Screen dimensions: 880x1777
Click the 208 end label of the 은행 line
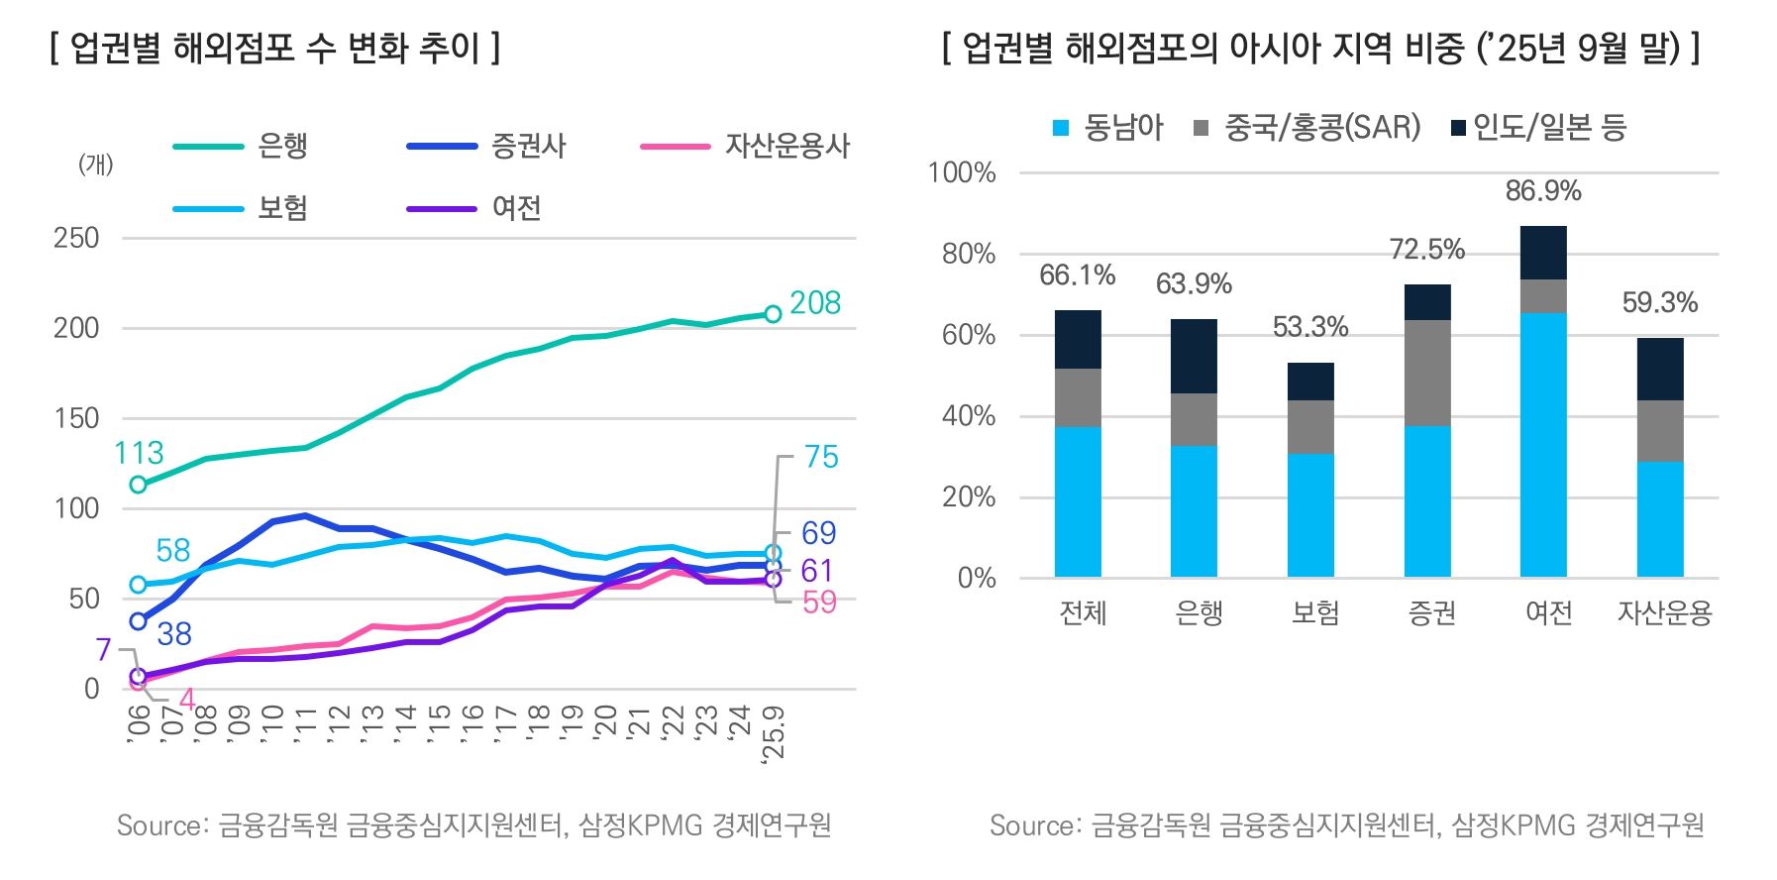tap(815, 303)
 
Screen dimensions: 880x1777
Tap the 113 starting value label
tap(139, 453)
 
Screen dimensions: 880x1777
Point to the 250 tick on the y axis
tap(76, 238)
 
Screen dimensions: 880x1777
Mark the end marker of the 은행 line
tap(773, 314)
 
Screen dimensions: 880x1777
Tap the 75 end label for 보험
tap(820, 457)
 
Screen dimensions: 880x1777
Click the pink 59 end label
tap(819, 603)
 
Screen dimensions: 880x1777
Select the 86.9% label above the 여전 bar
tap(1542, 191)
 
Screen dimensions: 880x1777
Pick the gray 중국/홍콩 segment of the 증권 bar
tap(1426, 373)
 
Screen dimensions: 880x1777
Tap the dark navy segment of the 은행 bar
tap(1194, 356)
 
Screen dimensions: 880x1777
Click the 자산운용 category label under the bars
tap(1664, 613)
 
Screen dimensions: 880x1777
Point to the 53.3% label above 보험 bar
tap(1309, 327)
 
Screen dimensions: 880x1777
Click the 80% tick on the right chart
tap(968, 255)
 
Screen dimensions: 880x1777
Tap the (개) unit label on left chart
tap(96, 164)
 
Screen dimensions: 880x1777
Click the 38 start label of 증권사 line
tap(174, 634)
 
